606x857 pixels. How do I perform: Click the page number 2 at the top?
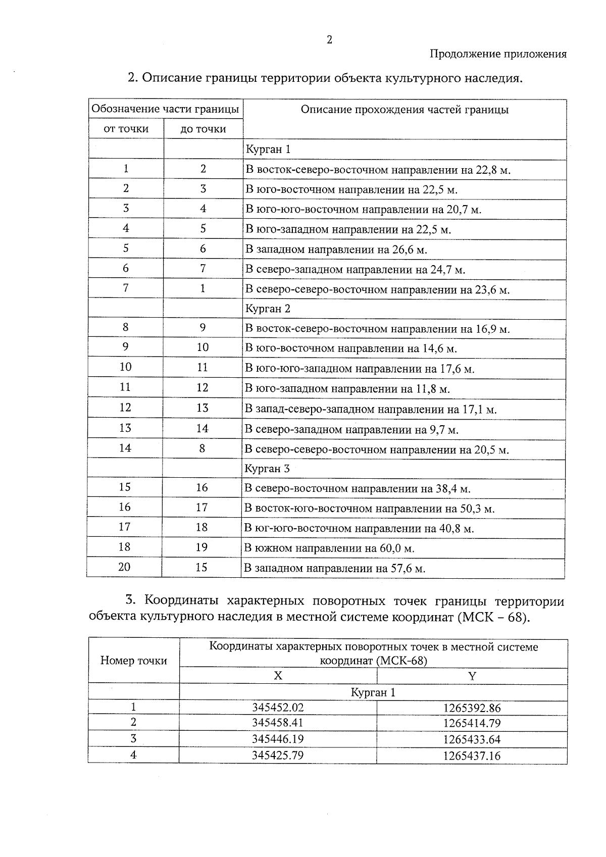(329, 40)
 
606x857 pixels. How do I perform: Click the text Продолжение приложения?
(497, 54)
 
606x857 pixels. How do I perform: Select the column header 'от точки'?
(126, 129)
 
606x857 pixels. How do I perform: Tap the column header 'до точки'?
(203, 129)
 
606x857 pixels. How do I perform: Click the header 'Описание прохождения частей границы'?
(405, 110)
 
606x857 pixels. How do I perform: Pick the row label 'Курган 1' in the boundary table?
(268, 149)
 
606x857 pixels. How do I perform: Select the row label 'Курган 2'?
(268, 309)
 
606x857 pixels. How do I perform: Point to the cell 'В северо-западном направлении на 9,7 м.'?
(351, 430)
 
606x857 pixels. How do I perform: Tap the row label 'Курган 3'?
(267, 469)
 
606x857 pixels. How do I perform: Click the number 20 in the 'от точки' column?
(124, 567)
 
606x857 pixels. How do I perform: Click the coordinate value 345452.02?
(278, 708)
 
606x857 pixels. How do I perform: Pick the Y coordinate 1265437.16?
(472, 756)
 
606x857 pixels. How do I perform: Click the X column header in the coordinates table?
(278, 676)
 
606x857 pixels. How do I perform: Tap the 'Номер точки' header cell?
(133, 661)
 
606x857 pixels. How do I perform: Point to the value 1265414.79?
(472, 723)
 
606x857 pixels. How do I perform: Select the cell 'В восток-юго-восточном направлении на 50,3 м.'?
(369, 509)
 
